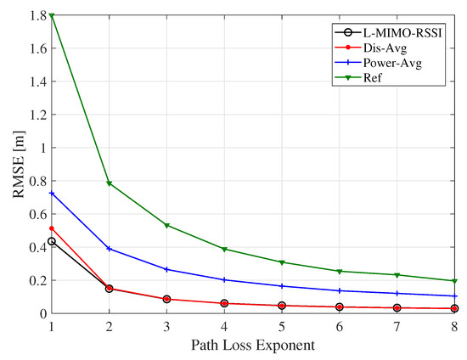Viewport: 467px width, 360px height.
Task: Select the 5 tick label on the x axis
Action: (x=282, y=326)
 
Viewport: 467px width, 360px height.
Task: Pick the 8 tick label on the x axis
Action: (x=454, y=326)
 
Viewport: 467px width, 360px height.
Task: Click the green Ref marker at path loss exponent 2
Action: (x=110, y=183)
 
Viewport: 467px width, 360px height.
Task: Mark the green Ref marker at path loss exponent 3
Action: (x=167, y=225)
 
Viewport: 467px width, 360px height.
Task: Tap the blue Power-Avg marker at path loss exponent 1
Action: (x=52, y=194)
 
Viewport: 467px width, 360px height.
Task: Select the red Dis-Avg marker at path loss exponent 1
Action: (x=52, y=228)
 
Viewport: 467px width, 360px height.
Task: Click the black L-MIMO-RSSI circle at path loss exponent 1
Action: (x=52, y=241)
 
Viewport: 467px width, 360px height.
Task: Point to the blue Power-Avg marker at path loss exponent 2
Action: (x=110, y=249)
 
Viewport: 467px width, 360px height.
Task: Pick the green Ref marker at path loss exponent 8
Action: (x=454, y=281)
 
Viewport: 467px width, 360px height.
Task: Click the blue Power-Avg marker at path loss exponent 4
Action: (x=224, y=279)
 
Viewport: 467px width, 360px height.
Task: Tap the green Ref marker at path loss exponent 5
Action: (x=282, y=262)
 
